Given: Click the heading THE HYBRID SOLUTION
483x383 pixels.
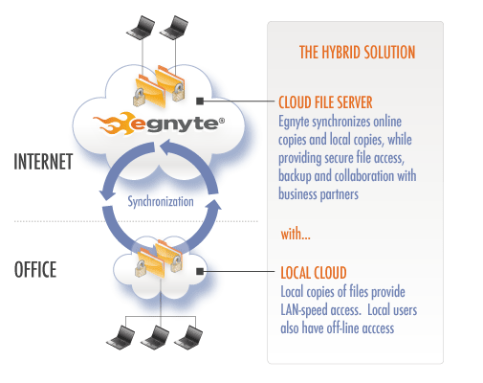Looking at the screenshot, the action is click(357, 53).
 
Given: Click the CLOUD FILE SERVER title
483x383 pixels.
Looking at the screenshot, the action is click(325, 102).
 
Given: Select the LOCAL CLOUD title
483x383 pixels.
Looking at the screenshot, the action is click(314, 273).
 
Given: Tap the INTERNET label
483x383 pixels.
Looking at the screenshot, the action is click(43, 162).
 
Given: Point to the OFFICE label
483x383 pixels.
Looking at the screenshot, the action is click(35, 270).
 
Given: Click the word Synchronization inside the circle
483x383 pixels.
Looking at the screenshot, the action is click(161, 202).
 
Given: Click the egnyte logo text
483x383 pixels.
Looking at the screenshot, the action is click(175, 124).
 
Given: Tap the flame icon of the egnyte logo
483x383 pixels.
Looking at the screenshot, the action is click(112, 123).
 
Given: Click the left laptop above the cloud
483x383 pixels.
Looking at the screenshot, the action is click(141, 28).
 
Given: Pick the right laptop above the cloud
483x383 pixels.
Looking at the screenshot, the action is click(174, 28).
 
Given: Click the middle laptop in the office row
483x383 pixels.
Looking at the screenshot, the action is click(155, 338).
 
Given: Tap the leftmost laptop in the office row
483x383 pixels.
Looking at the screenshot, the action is click(121, 338).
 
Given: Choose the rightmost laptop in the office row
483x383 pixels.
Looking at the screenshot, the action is click(188, 338).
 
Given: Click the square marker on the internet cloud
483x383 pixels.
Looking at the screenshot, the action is click(200, 101).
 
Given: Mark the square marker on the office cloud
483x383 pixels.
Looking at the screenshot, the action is click(200, 272).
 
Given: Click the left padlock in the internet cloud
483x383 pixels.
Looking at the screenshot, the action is click(140, 98).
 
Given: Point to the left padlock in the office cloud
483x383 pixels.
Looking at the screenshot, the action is click(141, 268).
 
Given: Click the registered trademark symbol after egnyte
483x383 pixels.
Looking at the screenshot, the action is click(222, 121).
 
